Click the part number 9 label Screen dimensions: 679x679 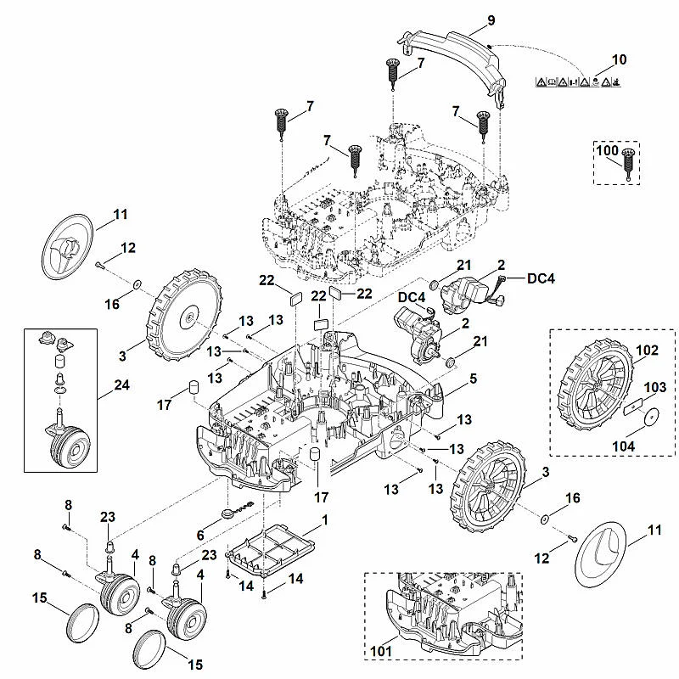pos(491,20)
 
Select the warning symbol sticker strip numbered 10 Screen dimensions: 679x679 pos(578,81)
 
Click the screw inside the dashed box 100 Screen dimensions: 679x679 pos(628,164)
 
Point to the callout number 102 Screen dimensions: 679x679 pos(647,350)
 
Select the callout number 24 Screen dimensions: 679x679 pos(121,384)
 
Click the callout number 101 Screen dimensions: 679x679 pos(381,650)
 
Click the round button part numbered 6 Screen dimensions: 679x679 pos(228,513)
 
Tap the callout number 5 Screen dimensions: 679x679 pos(473,379)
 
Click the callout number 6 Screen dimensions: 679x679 pos(200,536)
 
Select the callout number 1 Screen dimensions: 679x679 pos(325,520)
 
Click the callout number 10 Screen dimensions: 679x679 pos(620,59)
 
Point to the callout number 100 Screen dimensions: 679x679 pos(607,150)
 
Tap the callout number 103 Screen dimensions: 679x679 pos(654,387)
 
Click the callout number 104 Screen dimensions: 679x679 pos(624,446)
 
